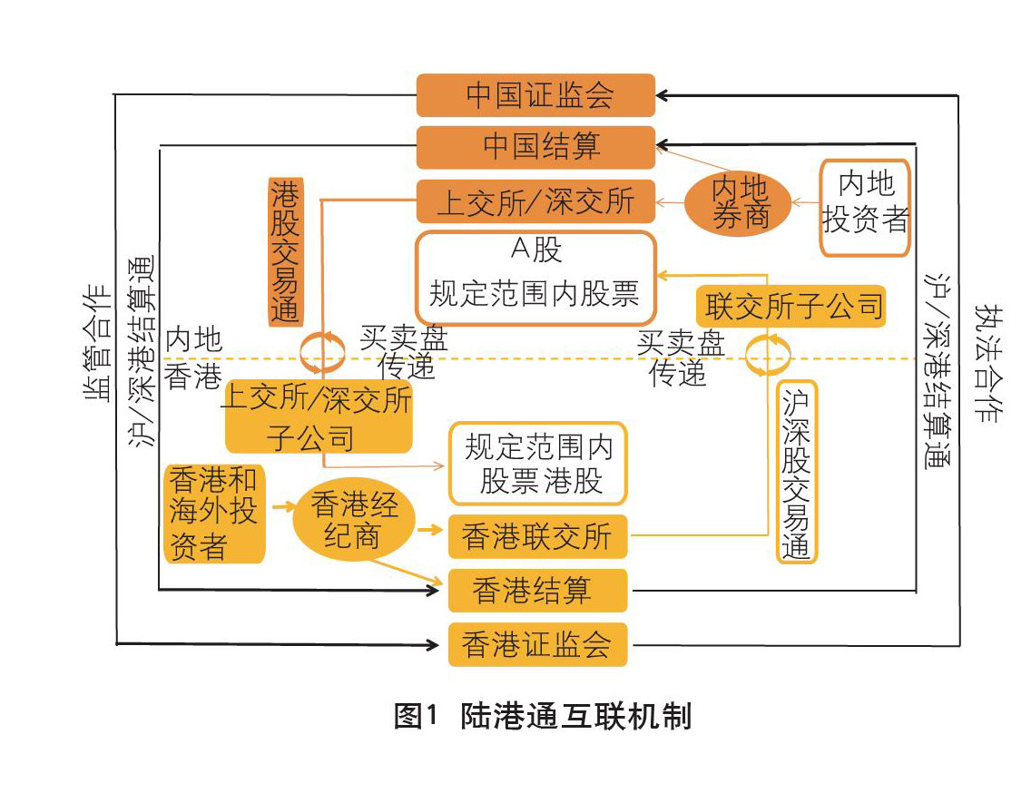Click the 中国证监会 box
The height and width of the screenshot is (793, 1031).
(535, 95)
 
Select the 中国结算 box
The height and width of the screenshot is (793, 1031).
(535, 147)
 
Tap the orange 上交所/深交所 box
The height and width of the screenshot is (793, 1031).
(535, 201)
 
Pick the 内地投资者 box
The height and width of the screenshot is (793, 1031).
(864, 207)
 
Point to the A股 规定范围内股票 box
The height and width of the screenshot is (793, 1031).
(535, 278)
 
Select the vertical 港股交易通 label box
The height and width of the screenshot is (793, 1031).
(285, 251)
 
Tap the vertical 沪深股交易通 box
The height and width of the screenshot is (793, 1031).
(799, 471)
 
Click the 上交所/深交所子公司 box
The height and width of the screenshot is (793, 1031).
(319, 416)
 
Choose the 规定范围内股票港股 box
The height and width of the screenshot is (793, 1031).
(537, 463)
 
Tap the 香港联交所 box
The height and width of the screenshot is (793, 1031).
(537, 536)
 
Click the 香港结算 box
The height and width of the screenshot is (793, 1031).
(537, 591)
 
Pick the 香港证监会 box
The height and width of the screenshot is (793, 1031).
(537, 644)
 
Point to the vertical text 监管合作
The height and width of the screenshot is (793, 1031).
(98, 354)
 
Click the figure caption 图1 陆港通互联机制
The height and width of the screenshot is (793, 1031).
(543, 716)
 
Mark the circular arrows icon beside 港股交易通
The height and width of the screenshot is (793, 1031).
(323, 352)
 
